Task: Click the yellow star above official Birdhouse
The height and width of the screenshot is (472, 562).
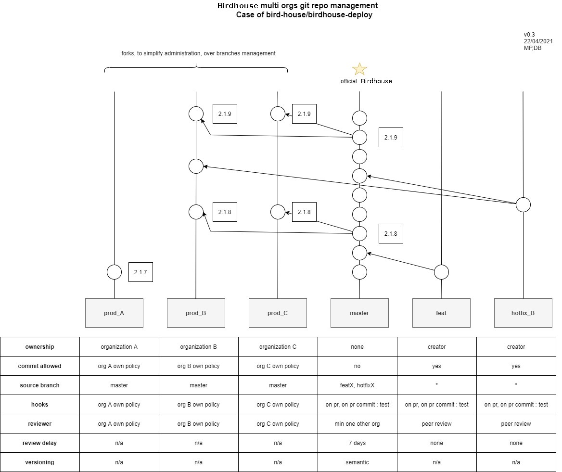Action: tap(359, 69)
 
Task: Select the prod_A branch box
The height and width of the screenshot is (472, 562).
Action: tap(114, 313)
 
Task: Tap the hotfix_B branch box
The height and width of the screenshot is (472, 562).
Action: tap(523, 313)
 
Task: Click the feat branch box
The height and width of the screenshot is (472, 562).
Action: tap(441, 313)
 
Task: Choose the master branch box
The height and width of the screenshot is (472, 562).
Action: tap(359, 313)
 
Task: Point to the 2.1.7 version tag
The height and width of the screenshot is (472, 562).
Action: tap(140, 272)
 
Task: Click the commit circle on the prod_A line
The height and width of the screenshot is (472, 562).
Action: tap(114, 272)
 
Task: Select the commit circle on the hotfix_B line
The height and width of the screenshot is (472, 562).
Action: tap(523, 204)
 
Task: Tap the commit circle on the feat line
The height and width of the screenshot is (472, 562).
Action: tap(441, 272)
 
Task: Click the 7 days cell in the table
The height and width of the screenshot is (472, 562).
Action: tap(358, 443)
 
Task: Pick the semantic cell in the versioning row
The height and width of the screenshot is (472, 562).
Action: tap(358, 462)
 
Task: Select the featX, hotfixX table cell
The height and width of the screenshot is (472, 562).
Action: tap(358, 385)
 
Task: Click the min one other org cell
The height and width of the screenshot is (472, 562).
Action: tap(358, 424)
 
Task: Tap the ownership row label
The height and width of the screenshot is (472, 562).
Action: tap(40, 347)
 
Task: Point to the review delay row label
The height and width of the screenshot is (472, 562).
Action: tap(40, 443)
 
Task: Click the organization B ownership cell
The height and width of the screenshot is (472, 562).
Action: tap(198, 347)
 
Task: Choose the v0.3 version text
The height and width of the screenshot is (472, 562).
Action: tap(529, 35)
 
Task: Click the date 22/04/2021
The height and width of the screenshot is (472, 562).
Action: tap(538, 41)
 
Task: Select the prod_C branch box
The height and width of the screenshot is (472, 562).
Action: tap(278, 313)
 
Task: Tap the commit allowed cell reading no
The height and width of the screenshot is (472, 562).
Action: tap(358, 366)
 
